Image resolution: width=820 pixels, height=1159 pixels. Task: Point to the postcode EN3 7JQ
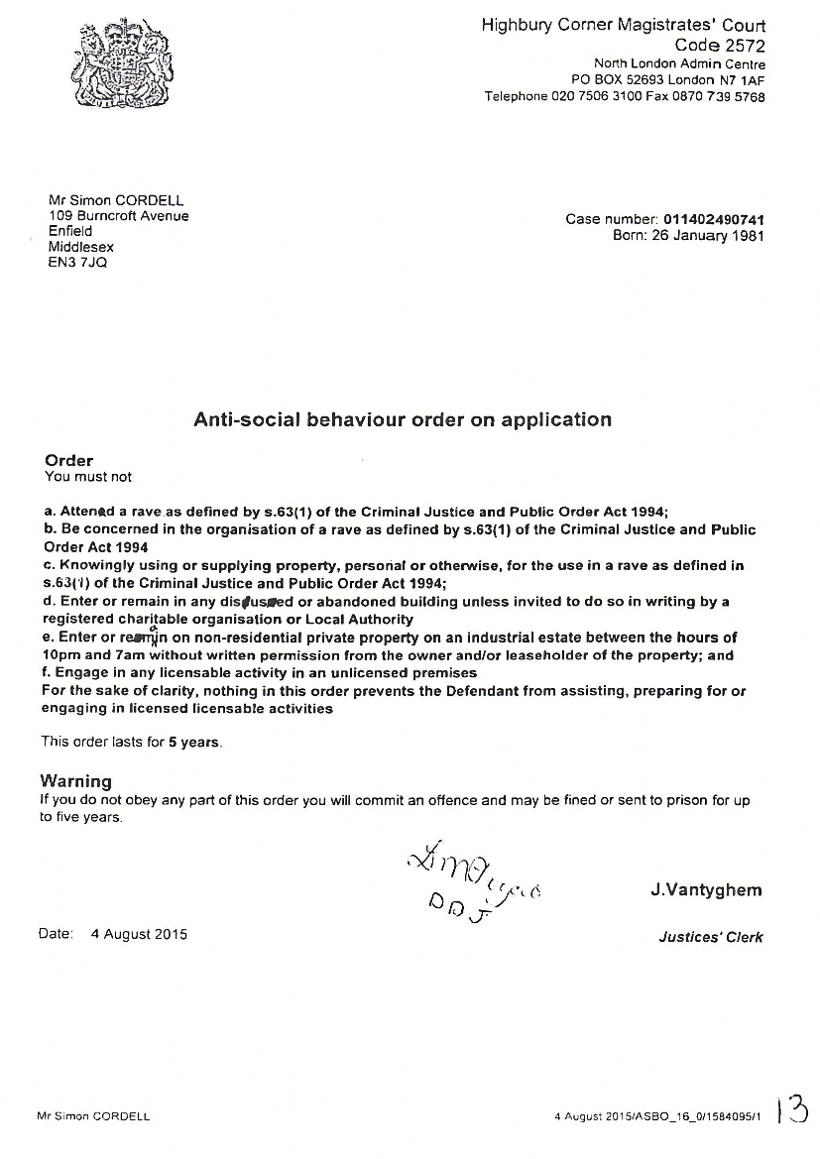click(77, 263)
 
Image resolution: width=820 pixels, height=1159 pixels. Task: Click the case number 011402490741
click(713, 219)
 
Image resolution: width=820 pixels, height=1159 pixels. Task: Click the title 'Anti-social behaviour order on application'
click(402, 419)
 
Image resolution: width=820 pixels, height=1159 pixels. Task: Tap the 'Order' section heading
click(69, 460)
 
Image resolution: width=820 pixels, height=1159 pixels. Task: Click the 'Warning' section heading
click(76, 781)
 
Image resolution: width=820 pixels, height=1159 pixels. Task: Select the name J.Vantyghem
click(706, 890)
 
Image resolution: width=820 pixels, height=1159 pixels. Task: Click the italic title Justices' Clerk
click(711, 937)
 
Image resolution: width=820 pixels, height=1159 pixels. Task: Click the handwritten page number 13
click(792, 1110)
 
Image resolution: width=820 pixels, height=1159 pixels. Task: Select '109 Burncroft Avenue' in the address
click(118, 215)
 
